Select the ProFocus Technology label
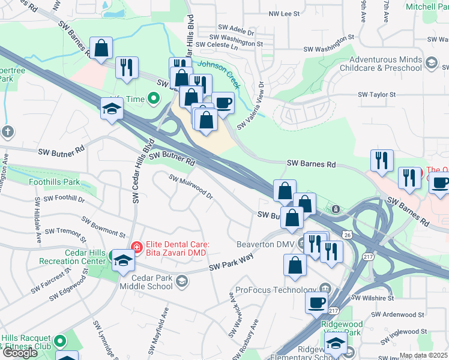[276, 290]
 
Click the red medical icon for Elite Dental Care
[136, 246]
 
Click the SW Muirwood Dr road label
[191, 187]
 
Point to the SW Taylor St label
[378, 95]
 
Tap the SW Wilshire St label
[373, 298]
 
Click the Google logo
[20, 353]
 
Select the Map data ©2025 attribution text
[423, 355]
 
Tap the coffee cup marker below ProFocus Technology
[316, 303]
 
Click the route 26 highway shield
[348, 235]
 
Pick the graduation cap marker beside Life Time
[112, 109]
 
